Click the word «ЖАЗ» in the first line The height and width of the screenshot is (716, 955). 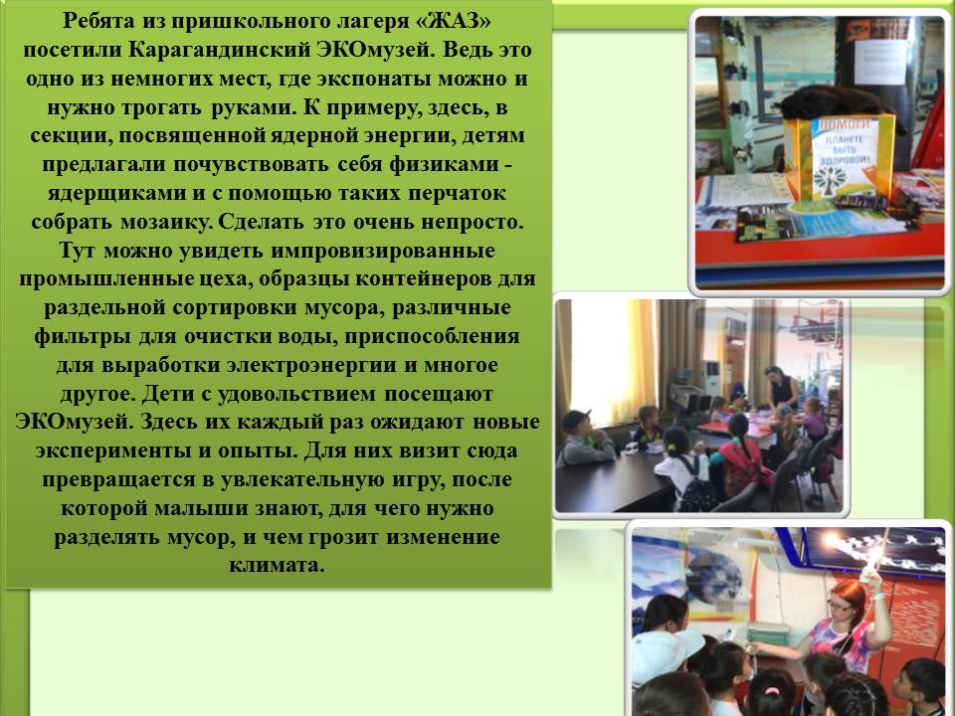coord(453,22)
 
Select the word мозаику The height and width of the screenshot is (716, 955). coord(166,222)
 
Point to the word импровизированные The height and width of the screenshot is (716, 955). coord(382,251)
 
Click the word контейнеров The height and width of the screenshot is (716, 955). coord(424,279)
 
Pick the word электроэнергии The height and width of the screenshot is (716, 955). coord(321,365)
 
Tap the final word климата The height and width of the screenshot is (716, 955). coord(277,566)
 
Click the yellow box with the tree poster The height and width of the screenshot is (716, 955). coord(840,157)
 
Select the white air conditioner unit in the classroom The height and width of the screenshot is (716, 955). coord(710,378)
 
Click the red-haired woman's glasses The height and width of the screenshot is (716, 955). coord(843,606)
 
